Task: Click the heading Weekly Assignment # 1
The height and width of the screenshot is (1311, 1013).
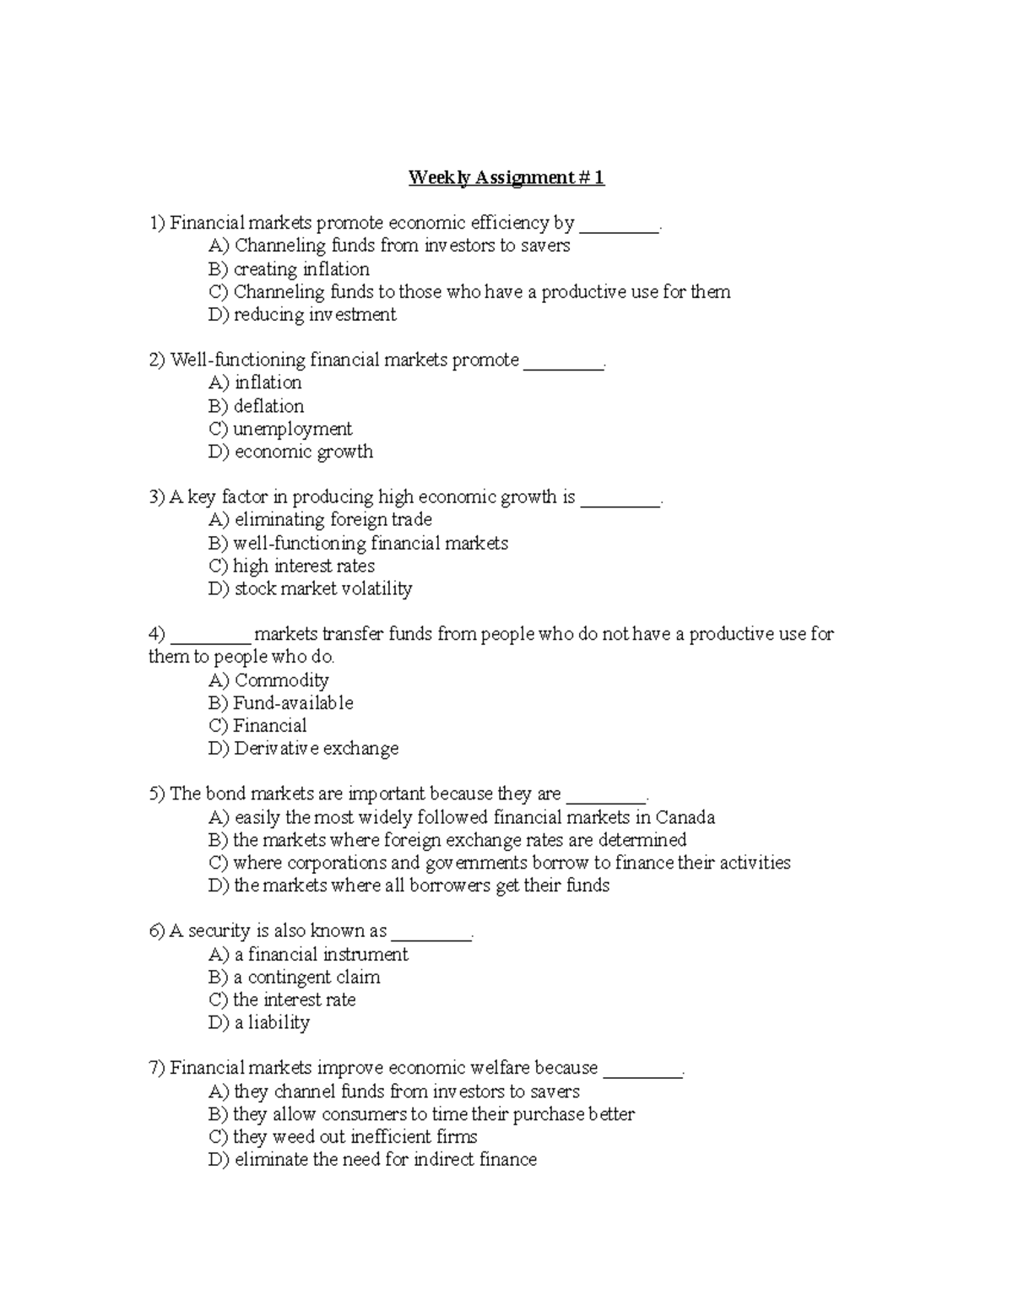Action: pos(506,177)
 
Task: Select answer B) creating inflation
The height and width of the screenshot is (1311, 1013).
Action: pos(289,269)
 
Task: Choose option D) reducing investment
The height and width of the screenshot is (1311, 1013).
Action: pos(302,315)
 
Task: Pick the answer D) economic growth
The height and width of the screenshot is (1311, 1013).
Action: pos(290,452)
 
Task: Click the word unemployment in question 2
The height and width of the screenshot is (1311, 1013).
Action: pos(293,429)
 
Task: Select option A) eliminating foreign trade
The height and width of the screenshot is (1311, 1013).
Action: pos(320,520)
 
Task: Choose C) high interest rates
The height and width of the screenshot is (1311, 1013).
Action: pos(291,566)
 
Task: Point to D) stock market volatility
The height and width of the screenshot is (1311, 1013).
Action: pos(310,588)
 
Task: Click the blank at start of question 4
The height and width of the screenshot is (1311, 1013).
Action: pos(210,635)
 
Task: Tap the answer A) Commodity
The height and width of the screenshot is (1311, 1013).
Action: pos(268,680)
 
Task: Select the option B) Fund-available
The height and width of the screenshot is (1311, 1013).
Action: pos(280,703)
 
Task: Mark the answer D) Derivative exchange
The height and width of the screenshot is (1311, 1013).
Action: pos(303,749)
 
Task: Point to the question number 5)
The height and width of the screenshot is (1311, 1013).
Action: pos(157,794)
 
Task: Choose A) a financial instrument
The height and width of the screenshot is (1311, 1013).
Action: pos(308,954)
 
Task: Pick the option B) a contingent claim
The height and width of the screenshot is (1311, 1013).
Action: pos(294,977)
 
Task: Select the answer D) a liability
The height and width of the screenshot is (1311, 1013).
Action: pos(259,1022)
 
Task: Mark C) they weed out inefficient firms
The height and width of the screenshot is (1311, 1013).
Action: pos(343,1136)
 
